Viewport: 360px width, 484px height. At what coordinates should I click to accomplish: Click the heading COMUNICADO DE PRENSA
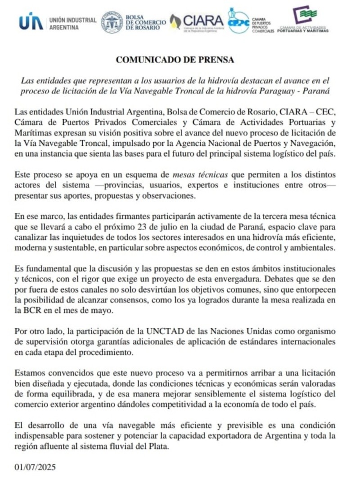click(x=175, y=59)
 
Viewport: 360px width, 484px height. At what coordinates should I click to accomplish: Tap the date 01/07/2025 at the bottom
click(x=35, y=467)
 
